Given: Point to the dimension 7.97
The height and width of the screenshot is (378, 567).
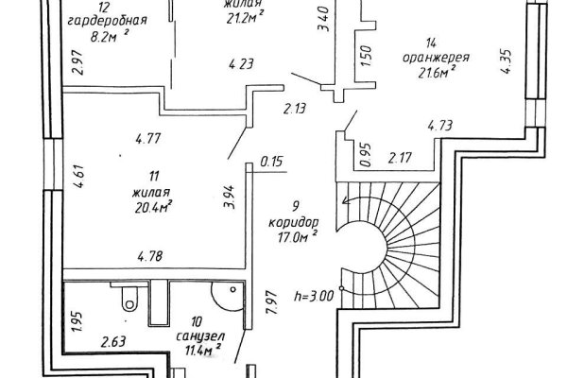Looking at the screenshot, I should (271, 304).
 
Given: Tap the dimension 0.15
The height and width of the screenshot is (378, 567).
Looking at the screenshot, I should (272, 162).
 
